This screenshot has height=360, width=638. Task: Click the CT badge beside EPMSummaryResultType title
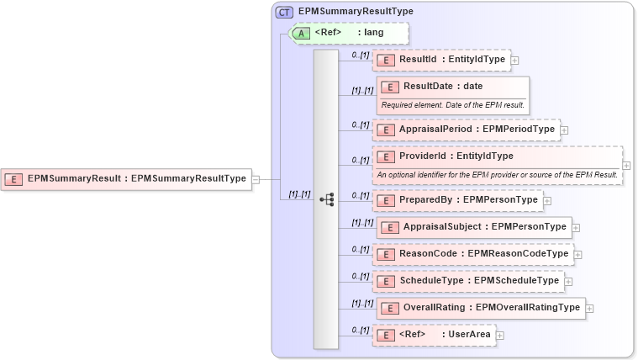[284, 12]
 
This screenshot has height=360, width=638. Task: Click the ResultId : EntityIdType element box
[441, 60]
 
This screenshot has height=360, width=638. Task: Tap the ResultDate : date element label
[442, 86]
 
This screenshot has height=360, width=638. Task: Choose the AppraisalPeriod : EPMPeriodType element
[466, 130]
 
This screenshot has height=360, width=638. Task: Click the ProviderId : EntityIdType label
[456, 156]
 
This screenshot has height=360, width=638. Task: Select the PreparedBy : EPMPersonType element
[457, 200]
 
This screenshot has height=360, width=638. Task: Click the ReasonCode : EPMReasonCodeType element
[472, 254]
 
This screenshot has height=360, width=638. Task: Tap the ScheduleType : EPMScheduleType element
[468, 281]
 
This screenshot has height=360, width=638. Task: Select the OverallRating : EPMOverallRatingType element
[480, 308]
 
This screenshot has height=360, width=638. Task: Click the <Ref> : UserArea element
[434, 335]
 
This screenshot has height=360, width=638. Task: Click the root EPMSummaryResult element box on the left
[127, 178]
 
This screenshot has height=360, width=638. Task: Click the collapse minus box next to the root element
[256, 178]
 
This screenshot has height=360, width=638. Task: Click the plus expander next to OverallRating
[590, 308]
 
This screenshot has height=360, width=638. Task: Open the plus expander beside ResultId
[515, 60]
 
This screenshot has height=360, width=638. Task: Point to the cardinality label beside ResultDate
[362, 90]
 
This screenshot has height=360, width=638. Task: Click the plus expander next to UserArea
[500, 335]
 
